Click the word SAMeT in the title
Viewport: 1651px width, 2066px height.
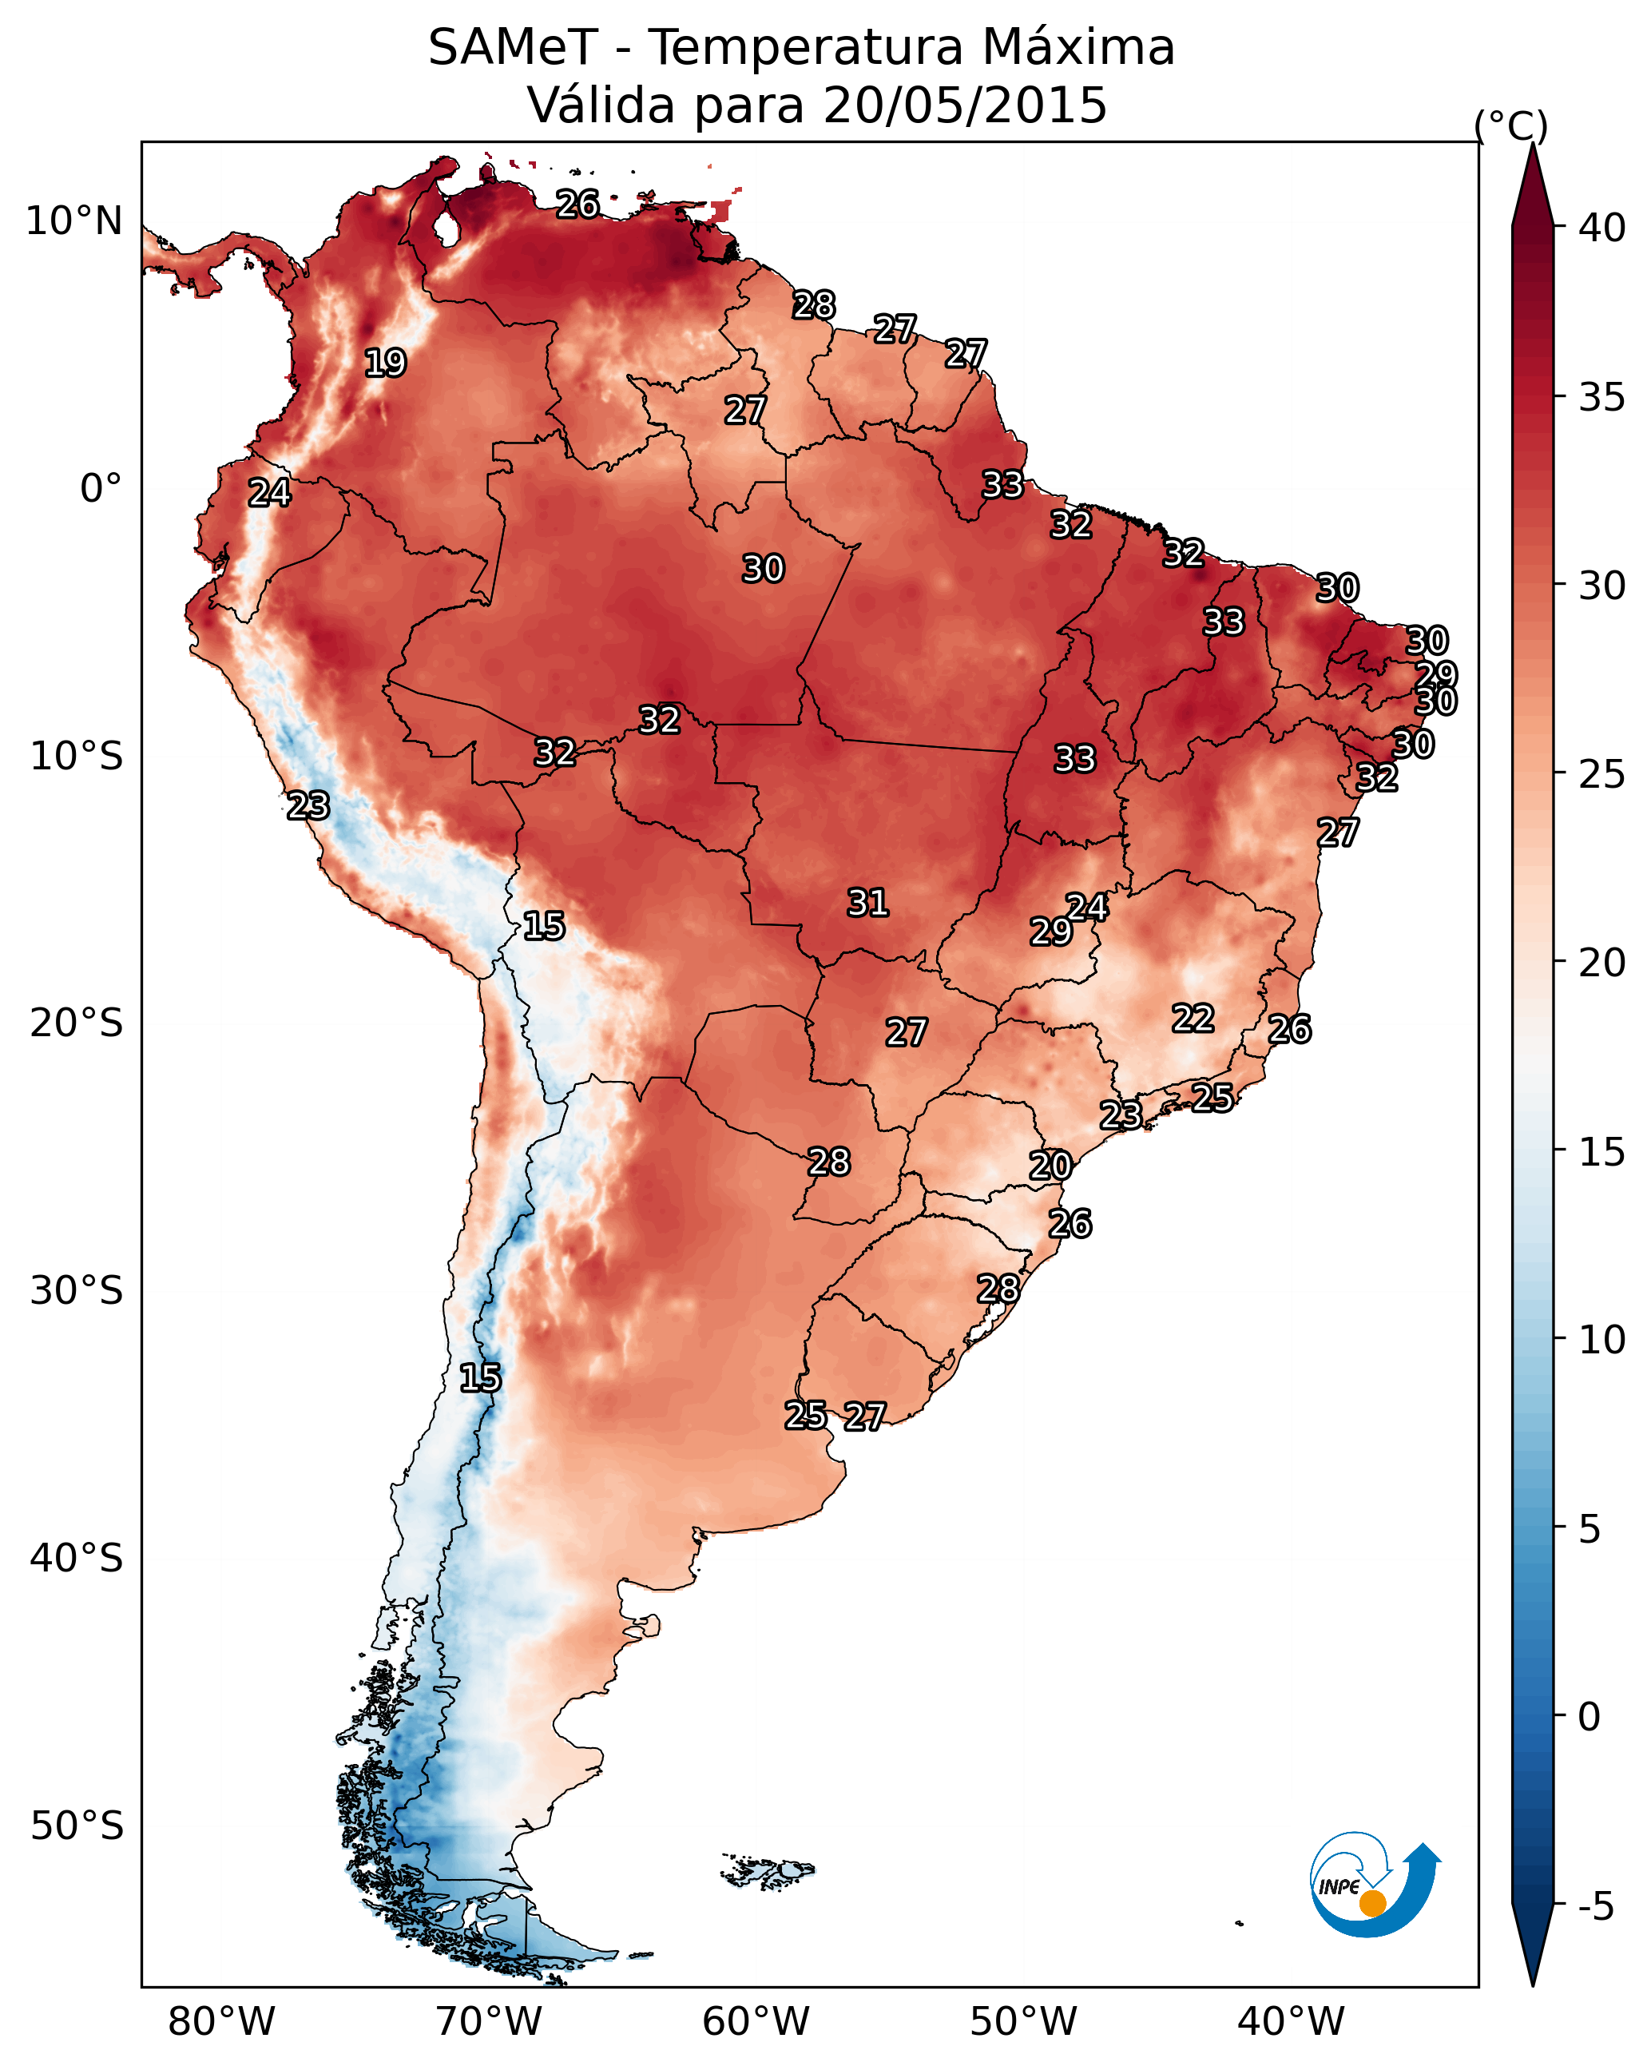tap(513, 48)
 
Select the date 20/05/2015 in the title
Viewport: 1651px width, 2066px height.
tap(965, 105)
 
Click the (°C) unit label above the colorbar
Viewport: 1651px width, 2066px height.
tap(1511, 125)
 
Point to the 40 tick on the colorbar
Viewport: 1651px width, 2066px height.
tap(1603, 228)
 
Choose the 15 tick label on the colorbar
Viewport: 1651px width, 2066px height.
tap(1603, 1152)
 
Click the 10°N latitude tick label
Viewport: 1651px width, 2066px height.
tap(73, 221)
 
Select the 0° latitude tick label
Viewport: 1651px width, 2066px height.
tap(101, 489)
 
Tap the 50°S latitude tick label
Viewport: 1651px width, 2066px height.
tap(77, 1826)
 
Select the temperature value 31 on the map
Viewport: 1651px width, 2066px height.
tap(868, 903)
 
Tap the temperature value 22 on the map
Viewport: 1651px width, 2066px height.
tap(1193, 1018)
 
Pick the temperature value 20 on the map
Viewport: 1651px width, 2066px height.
tap(1050, 1166)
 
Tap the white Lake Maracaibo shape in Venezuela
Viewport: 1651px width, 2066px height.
tap(446, 228)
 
